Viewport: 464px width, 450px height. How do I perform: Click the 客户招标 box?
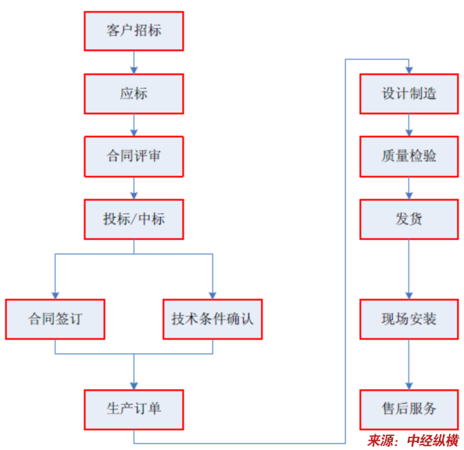tap(134, 31)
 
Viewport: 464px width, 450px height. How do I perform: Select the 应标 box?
tap(134, 94)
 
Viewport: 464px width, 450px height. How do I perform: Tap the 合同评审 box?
tap(134, 156)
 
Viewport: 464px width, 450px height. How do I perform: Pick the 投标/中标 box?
tap(134, 220)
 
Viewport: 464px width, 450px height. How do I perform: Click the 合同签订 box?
tap(55, 320)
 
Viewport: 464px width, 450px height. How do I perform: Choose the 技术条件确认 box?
tap(212, 320)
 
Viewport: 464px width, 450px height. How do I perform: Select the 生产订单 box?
tap(134, 409)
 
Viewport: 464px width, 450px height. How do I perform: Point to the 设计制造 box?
tap(409, 94)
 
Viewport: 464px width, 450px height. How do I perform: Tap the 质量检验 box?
tap(409, 156)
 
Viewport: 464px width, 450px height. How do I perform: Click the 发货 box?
tap(409, 220)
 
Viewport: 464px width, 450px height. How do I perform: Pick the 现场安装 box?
tap(409, 320)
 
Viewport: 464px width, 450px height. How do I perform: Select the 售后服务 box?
tap(409, 409)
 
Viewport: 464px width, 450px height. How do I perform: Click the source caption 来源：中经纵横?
tap(413, 441)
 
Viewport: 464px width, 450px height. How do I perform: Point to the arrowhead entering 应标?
tap(134, 70)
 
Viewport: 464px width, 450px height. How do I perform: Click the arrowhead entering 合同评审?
tap(134, 133)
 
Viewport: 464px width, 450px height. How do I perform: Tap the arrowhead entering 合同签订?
tap(55, 295)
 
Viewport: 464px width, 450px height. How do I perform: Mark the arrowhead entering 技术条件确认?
tap(212, 295)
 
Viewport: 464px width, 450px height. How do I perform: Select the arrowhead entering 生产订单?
tap(134, 386)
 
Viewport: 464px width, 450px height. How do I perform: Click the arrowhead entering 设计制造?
tap(409, 70)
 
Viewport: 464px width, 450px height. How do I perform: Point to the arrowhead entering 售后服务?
tap(409, 386)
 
